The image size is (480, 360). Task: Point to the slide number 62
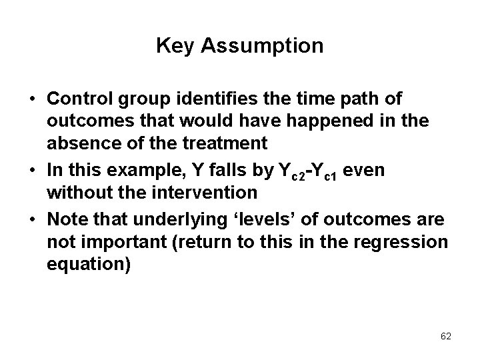446,336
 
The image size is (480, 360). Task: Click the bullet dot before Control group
32,100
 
